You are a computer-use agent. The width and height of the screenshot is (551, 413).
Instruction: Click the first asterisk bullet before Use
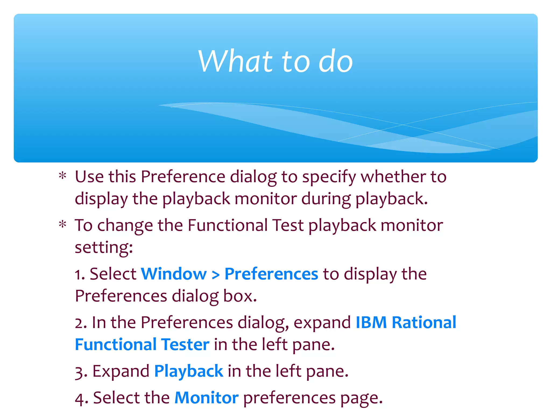[63, 176]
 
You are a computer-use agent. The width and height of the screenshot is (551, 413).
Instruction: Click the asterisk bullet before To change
[63, 225]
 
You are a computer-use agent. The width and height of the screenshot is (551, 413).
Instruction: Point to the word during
[326, 199]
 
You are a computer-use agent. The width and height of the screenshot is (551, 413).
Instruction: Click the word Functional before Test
[228, 225]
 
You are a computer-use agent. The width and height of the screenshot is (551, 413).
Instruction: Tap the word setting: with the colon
[104, 247]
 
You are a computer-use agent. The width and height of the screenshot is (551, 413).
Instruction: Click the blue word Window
[174, 274]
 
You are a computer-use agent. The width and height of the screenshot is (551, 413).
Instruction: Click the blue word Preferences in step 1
[271, 274]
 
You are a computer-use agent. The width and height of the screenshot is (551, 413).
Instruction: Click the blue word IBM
[371, 322]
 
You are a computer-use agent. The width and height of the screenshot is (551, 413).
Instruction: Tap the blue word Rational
[424, 322]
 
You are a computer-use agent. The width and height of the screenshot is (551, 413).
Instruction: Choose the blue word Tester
[185, 344]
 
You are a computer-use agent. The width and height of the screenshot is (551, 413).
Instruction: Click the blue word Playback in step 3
[188, 371]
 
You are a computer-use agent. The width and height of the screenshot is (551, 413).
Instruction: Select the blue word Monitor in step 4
[206, 398]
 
